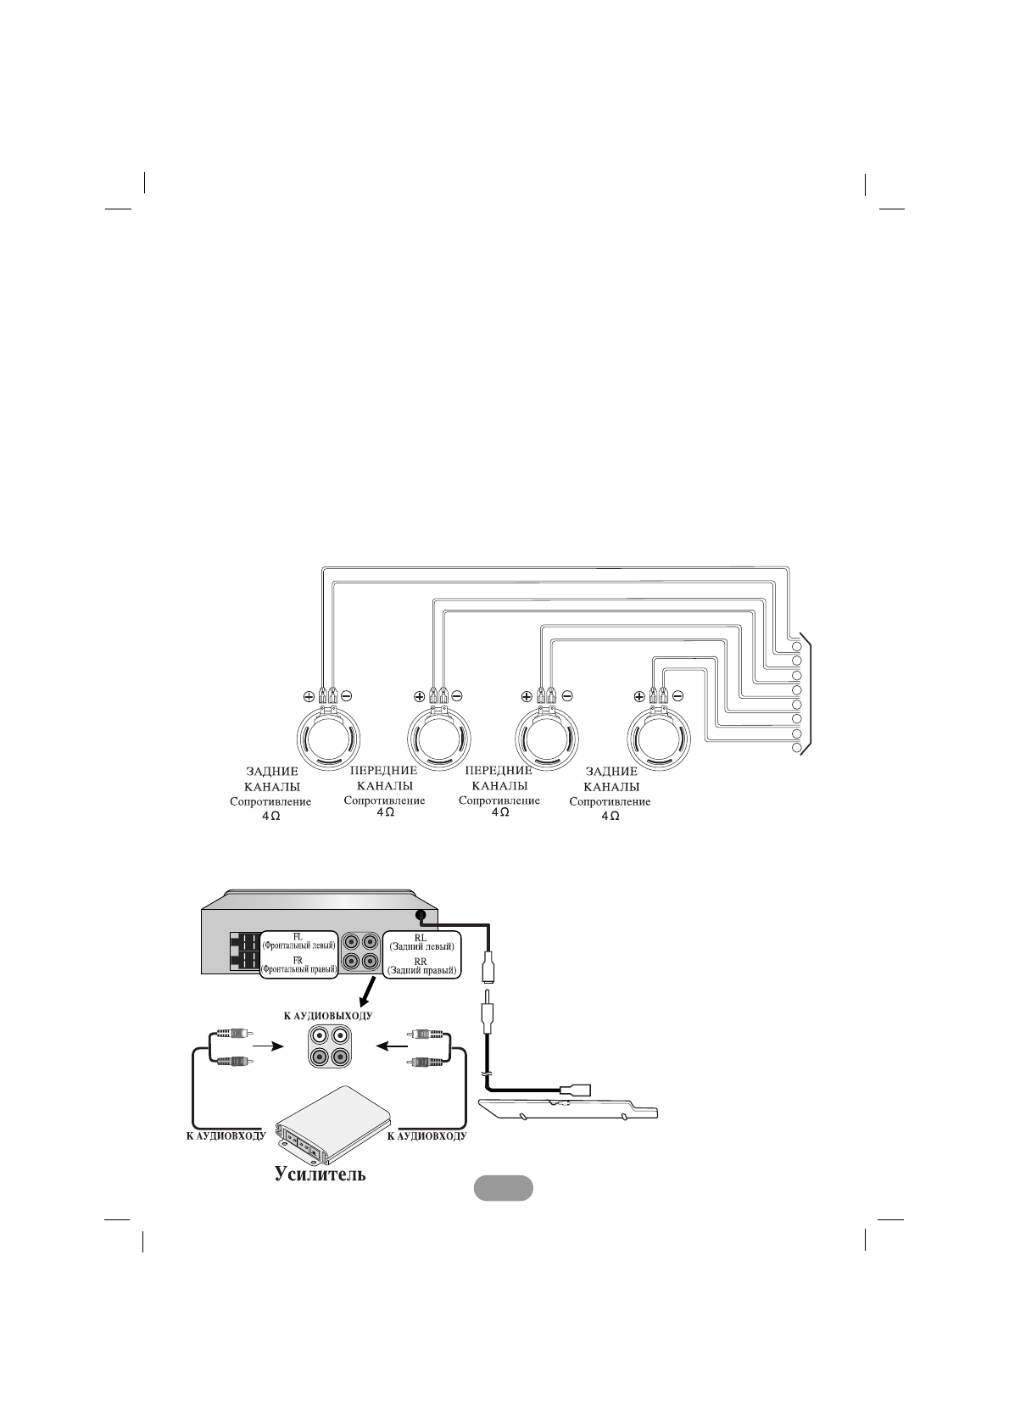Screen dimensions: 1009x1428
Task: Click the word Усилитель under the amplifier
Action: pyautogui.click(x=320, y=1174)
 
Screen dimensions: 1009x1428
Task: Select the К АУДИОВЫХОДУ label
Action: pyautogui.click(x=327, y=1015)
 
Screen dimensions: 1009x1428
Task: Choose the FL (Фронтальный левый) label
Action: pyautogui.click(x=298, y=940)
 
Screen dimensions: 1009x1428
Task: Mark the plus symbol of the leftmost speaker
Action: pyautogui.click(x=308, y=696)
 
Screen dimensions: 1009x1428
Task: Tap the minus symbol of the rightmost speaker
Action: pyautogui.click(x=677, y=696)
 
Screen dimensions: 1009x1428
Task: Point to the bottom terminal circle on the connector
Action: pyautogui.click(x=797, y=749)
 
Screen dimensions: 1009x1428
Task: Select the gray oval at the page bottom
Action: pyautogui.click(x=503, y=1188)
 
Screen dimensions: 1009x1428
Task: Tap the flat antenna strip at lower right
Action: pyautogui.click(x=568, y=1109)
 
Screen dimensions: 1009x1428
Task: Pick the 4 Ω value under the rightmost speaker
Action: pyautogui.click(x=610, y=816)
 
